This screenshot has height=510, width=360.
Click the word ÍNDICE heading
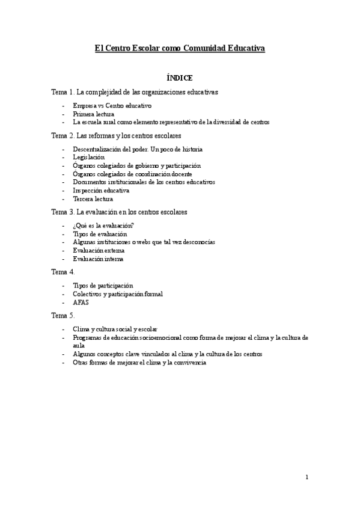180,78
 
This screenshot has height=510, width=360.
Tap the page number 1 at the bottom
307,478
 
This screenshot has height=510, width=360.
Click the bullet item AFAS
81,303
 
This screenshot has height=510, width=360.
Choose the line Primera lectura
93,113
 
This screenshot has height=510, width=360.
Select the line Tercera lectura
93,199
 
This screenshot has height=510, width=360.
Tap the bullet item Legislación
88,157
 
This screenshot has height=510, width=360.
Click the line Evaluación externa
98,250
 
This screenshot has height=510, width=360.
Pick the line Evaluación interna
98,259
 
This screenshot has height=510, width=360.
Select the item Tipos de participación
103,285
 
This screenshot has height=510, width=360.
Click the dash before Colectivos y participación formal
64,294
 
